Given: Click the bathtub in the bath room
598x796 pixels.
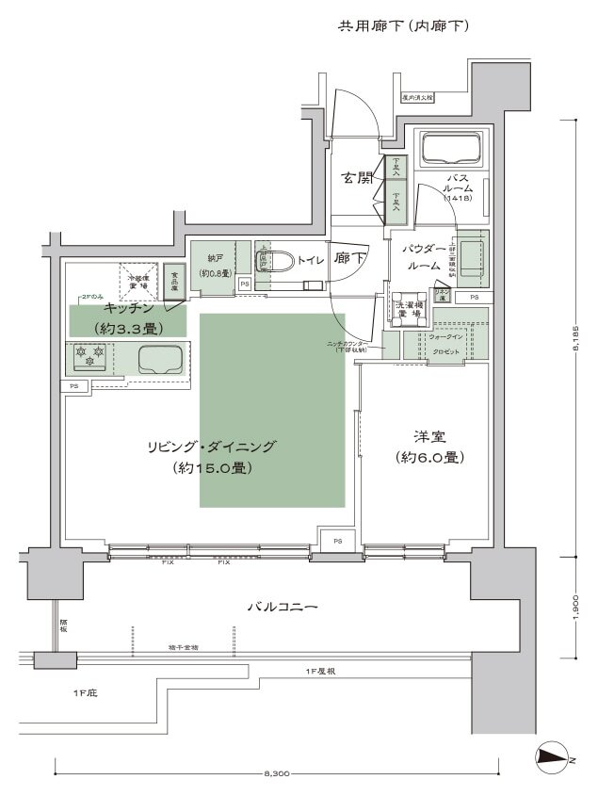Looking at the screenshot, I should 451,150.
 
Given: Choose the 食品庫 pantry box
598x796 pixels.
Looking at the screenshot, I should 174,282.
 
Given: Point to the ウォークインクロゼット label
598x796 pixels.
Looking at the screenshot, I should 444,343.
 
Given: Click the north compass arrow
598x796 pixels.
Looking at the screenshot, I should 553,755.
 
